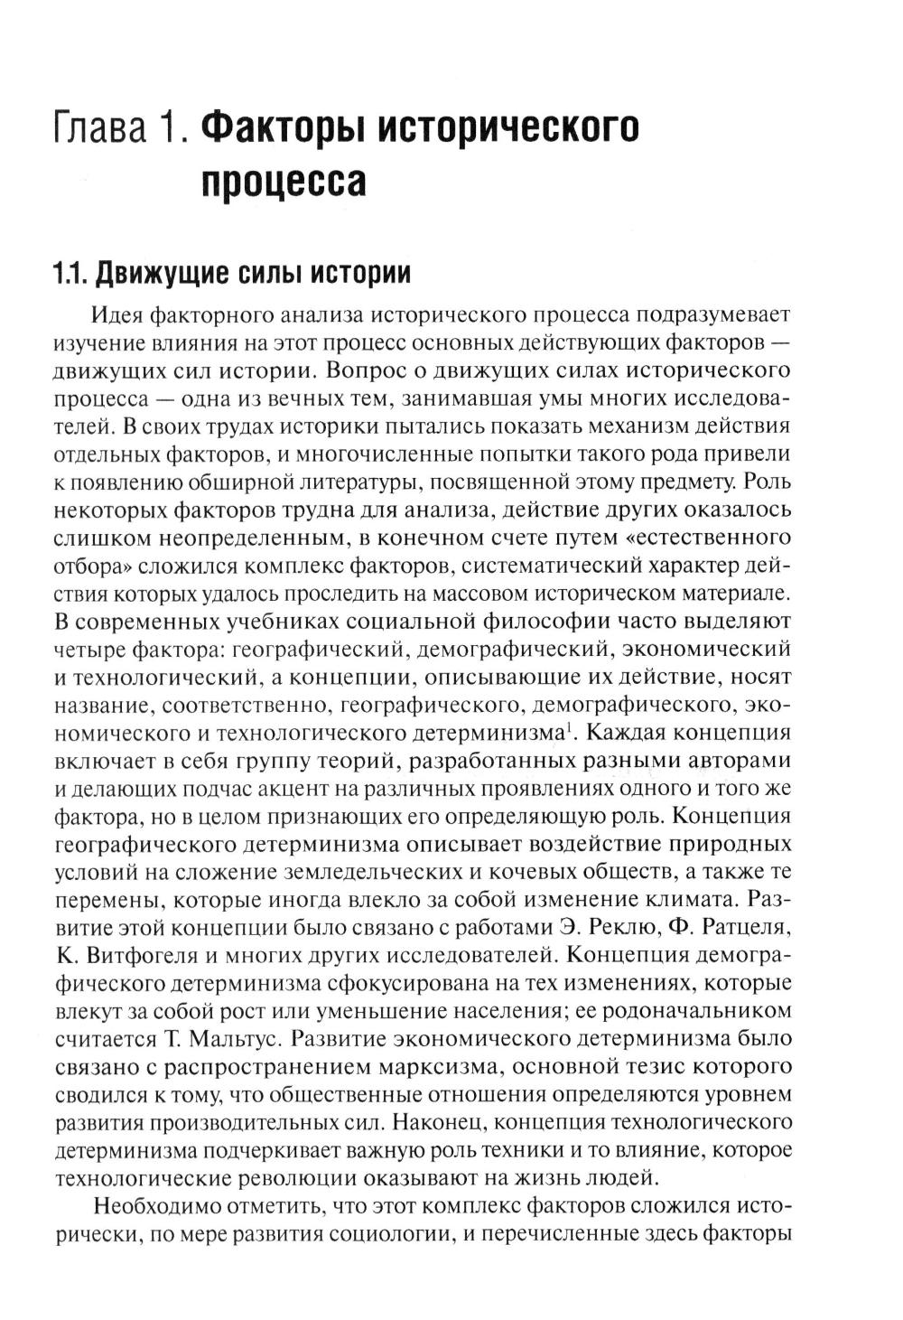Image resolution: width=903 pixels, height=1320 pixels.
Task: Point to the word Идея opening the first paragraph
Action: (x=117, y=315)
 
